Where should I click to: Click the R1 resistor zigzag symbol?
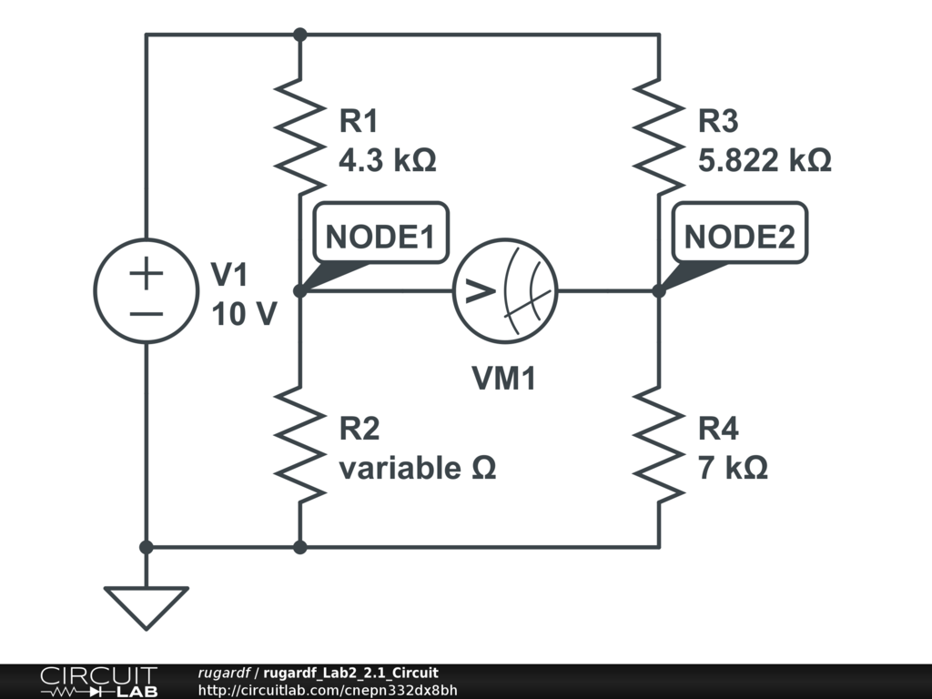pyautogui.click(x=300, y=137)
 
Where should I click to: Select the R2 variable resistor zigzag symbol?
pyautogui.click(x=300, y=444)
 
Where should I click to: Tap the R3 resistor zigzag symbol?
pyautogui.click(x=659, y=137)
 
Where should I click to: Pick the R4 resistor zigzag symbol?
pyautogui.click(x=659, y=444)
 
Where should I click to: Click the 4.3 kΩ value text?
pyautogui.click(x=388, y=160)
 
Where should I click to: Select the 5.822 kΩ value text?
pyautogui.click(x=765, y=160)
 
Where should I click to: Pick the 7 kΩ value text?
pyautogui.click(x=733, y=468)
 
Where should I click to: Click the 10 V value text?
pyautogui.click(x=244, y=314)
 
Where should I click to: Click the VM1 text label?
pyautogui.click(x=504, y=378)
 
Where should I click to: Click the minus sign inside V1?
pyautogui.click(x=147, y=314)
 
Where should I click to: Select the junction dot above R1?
pyautogui.click(x=300, y=35)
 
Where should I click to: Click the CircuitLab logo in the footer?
pyautogui.click(x=98, y=681)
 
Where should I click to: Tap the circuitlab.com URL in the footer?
pyautogui.click(x=328, y=690)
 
